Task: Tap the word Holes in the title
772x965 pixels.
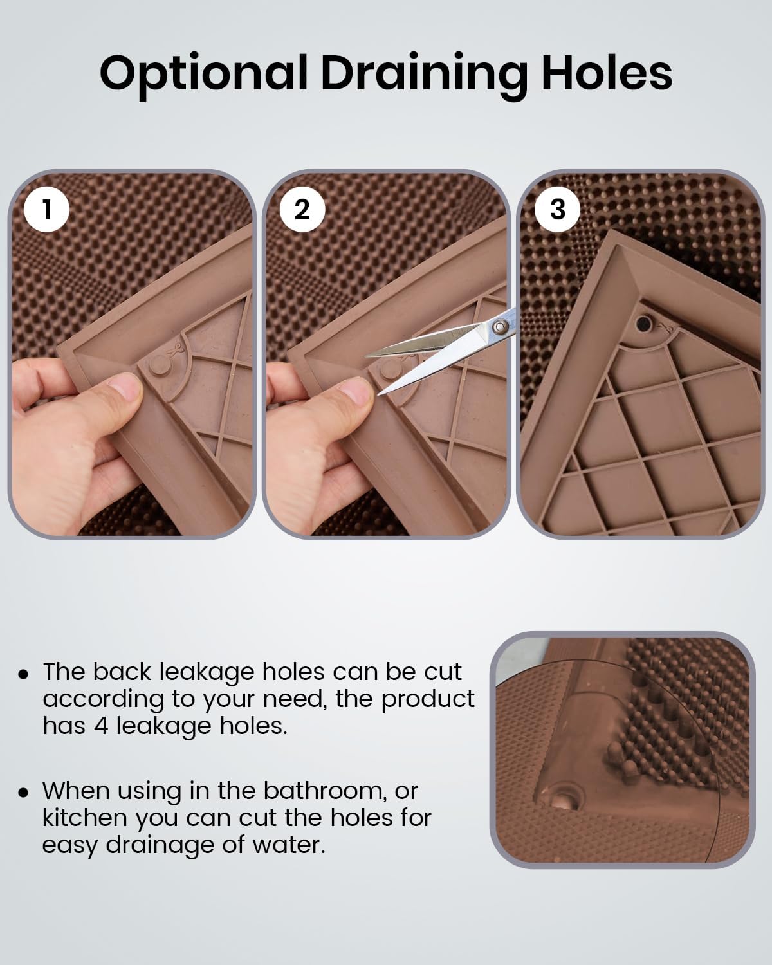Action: tap(606, 73)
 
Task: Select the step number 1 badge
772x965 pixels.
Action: tap(47, 208)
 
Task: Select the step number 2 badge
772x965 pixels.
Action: tap(301, 208)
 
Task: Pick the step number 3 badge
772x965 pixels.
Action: tap(557, 208)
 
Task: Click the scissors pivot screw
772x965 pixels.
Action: tap(498, 327)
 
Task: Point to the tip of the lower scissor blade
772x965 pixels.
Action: tap(381, 392)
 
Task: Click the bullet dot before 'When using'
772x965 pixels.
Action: tap(24, 792)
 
